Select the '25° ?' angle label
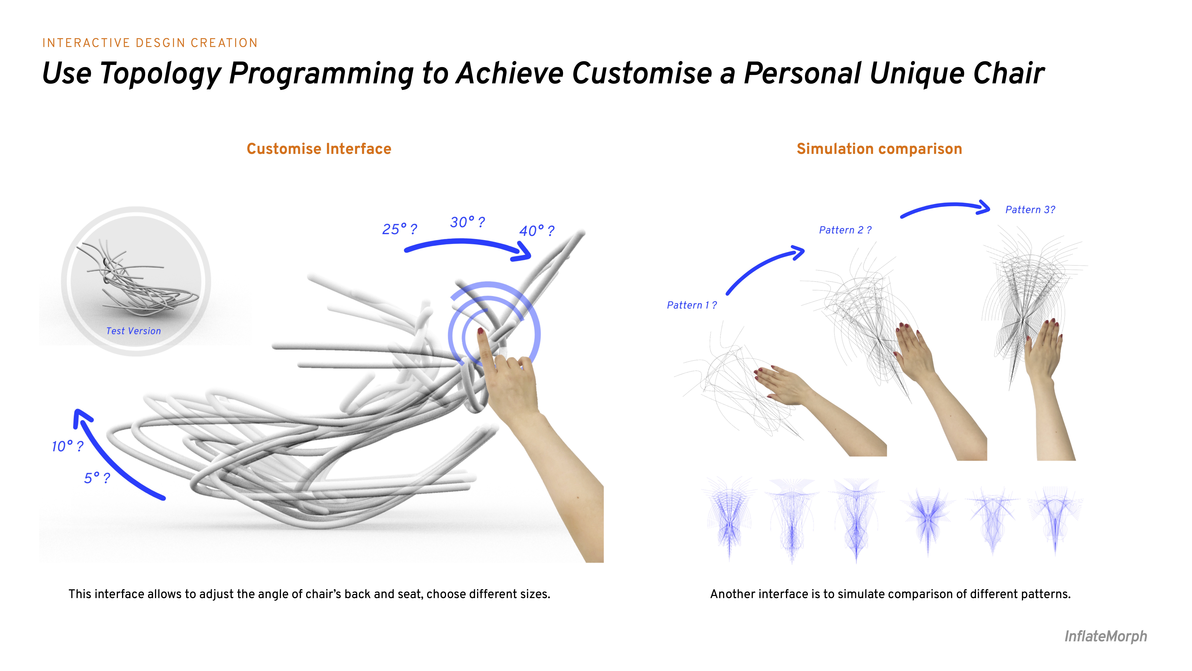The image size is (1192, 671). [399, 229]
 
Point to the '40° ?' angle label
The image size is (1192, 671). [537, 231]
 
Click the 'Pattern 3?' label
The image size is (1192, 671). [1030, 210]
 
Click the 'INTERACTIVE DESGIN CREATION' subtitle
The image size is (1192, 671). [150, 43]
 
